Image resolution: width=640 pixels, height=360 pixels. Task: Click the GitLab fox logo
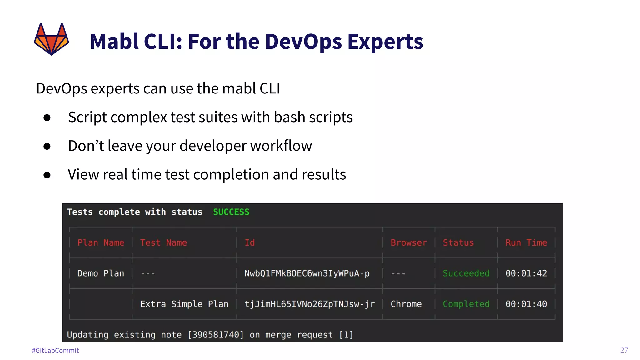point(51,39)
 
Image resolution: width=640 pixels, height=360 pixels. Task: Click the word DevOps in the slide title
point(303,42)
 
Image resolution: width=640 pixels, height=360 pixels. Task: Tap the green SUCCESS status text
point(231,212)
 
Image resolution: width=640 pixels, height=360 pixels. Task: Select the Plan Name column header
point(101,242)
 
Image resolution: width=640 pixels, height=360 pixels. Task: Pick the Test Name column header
point(163,242)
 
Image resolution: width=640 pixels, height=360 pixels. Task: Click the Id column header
point(249,242)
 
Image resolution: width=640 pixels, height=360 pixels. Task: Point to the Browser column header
point(408,242)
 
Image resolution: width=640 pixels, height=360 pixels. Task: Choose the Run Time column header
point(526,242)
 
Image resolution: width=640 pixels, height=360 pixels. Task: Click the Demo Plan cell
point(101,273)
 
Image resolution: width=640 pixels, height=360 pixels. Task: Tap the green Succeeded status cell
point(466,273)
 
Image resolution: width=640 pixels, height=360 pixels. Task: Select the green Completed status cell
point(466,304)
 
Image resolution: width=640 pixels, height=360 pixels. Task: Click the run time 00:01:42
point(526,273)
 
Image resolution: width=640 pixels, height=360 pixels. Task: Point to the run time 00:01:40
point(526,304)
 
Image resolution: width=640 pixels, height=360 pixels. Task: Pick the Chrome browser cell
point(406,304)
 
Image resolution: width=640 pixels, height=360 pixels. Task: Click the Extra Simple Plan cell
point(184,304)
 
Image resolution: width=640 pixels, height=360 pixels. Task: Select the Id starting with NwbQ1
point(307,273)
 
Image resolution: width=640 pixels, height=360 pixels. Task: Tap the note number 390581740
point(215,335)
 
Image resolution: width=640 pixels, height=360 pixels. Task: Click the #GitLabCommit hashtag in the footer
point(55,350)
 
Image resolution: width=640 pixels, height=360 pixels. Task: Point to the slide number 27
point(624,350)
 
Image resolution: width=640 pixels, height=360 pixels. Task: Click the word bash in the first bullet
point(289,117)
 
